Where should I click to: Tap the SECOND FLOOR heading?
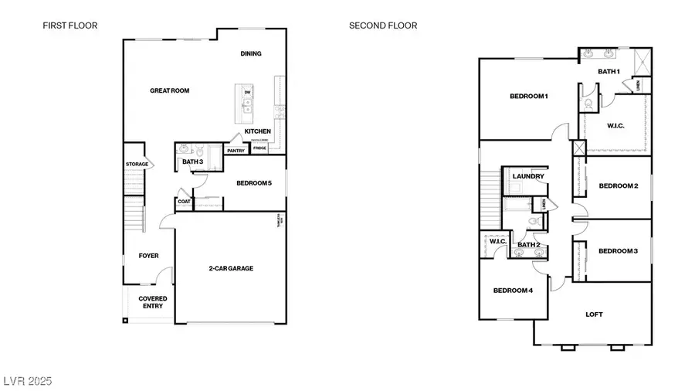[383, 25]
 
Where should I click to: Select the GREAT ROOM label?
[169, 90]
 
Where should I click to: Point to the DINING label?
[251, 54]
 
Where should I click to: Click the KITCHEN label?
[257, 131]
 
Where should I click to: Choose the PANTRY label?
[236, 151]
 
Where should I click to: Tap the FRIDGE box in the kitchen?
[259, 148]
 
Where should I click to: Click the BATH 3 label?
[193, 161]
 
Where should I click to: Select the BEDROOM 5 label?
[254, 183]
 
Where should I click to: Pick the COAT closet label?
[184, 202]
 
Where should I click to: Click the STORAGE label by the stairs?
[137, 165]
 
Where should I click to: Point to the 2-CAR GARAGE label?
[231, 268]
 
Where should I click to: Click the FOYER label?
[148, 256]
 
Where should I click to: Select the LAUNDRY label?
[528, 176]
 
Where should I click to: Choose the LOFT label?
[594, 314]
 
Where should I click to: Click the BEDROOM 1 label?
[529, 97]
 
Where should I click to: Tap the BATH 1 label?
[609, 71]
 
